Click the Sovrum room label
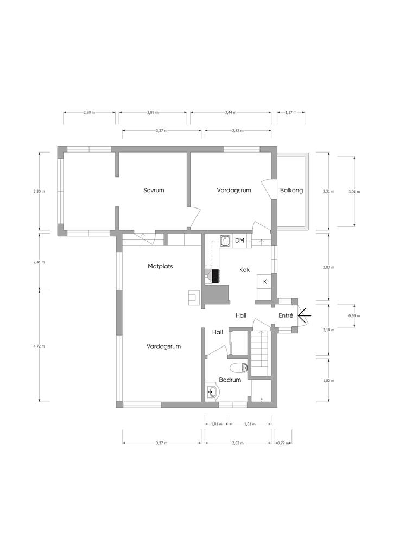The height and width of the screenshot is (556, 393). tap(154, 190)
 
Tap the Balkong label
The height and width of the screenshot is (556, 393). tap(291, 190)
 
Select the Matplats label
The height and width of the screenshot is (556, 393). tap(160, 266)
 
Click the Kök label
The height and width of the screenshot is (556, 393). tap(244, 270)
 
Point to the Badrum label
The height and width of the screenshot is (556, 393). tap(230, 380)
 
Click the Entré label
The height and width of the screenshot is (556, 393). tap(286, 315)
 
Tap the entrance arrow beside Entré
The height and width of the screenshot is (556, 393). tap(305, 315)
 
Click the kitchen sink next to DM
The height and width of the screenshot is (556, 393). tap(225, 241)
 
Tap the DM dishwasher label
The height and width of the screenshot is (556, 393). tap(239, 241)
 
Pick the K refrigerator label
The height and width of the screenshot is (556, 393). tap(265, 282)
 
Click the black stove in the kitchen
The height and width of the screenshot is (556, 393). tap(215, 276)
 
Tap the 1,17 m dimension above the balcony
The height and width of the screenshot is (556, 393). tap(290, 112)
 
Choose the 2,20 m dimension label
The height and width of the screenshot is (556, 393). tap(89, 112)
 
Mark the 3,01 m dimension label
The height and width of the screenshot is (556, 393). tap(354, 192)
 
